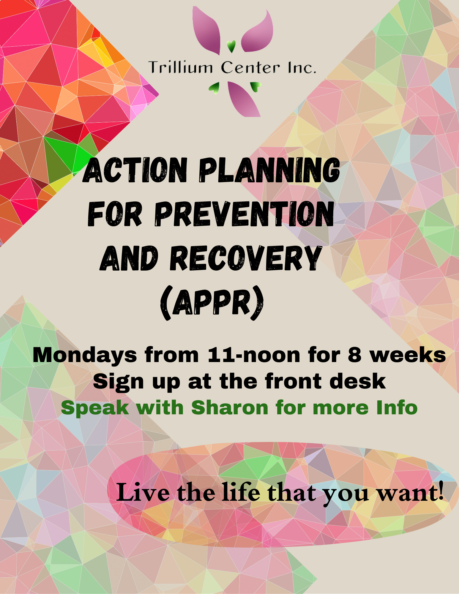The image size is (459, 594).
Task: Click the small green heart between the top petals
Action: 231,46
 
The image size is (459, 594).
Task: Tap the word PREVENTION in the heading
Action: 244,214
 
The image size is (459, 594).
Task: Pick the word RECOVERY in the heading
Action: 246,258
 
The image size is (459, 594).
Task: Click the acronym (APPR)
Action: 212,303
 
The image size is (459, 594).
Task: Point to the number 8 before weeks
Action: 354,355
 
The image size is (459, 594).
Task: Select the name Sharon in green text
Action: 230,407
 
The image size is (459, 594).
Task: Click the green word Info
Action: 397,407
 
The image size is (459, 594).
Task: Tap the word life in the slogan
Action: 241,492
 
